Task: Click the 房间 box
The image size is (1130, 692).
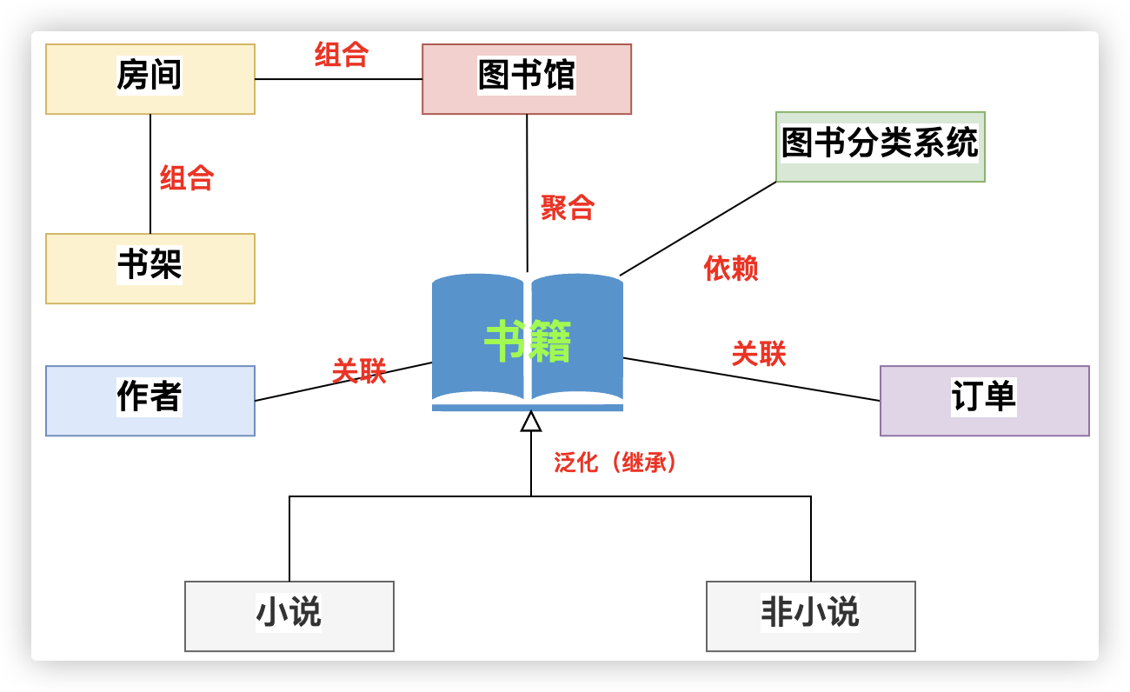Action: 150,79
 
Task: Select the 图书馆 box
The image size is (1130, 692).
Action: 526,79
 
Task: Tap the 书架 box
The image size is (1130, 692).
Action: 150,269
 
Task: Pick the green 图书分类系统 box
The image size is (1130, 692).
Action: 880,147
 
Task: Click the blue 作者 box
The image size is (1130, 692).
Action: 150,401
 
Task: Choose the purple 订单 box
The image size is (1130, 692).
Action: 984,401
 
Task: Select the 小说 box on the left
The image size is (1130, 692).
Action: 289,616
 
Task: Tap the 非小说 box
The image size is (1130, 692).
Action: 810,616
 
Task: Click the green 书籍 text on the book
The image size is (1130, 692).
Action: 528,342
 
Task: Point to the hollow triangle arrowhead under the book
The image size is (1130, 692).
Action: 531,423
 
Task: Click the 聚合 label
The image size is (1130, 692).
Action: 568,208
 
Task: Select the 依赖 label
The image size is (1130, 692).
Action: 731,269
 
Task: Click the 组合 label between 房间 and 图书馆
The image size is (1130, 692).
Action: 342,55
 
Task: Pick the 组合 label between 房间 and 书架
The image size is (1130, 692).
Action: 187,178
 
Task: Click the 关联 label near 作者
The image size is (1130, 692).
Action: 359,371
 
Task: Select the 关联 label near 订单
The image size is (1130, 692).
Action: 759,354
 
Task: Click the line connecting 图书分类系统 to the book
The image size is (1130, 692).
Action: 698,229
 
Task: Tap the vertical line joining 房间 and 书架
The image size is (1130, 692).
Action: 150,174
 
